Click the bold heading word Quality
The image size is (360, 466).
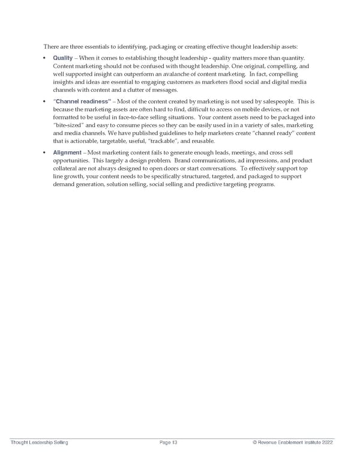point(63,58)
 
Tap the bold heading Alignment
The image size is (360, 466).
point(67,153)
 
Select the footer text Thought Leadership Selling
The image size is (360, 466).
point(39,443)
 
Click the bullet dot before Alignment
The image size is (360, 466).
point(46,153)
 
